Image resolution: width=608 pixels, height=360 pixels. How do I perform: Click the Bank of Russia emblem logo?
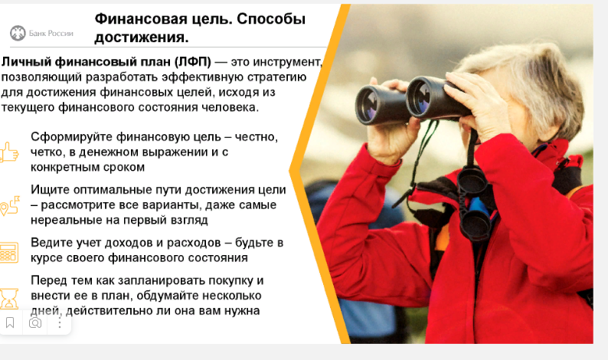point(18,34)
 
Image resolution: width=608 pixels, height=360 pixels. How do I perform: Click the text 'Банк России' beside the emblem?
point(51,34)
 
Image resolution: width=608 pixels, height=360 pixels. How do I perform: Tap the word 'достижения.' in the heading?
point(142,38)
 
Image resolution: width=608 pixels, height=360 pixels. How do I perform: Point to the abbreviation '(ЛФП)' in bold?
point(192,62)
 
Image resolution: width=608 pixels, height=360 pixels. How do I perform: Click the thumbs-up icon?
point(9,152)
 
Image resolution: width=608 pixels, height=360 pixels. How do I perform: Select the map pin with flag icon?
point(10,205)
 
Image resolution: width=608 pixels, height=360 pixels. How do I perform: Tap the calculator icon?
point(9,253)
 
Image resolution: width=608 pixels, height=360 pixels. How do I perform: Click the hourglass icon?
point(9,298)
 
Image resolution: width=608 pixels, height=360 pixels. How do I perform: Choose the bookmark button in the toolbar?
point(10,322)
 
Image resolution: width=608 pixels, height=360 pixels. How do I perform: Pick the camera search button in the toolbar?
point(35,322)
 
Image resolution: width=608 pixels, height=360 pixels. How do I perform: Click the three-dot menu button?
point(60,322)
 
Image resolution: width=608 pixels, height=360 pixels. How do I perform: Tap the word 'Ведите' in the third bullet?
point(51,243)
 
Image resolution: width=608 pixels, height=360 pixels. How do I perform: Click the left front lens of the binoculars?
point(368,105)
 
